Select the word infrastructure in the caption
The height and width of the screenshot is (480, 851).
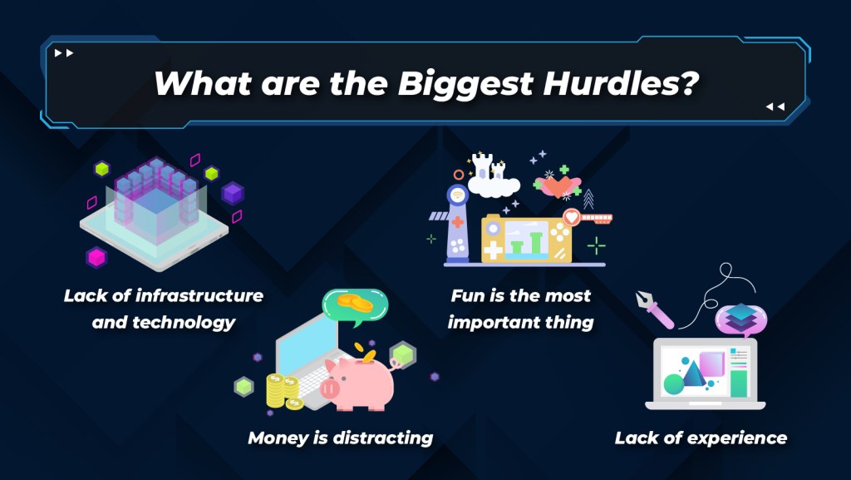click(199, 295)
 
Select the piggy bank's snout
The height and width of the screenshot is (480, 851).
click(329, 388)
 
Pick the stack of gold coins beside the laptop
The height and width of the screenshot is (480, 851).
click(283, 391)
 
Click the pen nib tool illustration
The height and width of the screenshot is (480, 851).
click(655, 309)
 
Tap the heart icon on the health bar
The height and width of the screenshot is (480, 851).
click(571, 217)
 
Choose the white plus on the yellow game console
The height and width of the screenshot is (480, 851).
click(493, 250)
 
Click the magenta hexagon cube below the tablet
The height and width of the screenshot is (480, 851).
click(96, 257)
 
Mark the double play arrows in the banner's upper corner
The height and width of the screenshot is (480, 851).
click(63, 52)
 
